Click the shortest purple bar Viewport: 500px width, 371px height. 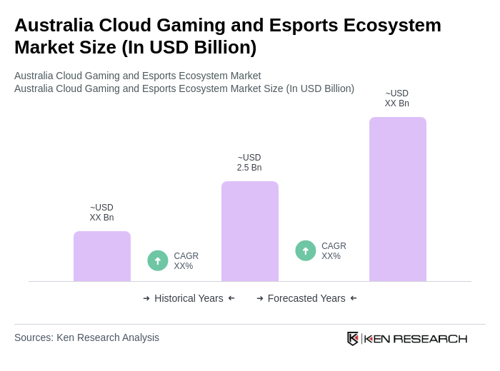101,256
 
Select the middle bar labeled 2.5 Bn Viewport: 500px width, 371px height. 249,231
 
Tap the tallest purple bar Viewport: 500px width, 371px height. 397,199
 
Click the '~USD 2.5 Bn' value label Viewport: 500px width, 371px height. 249,163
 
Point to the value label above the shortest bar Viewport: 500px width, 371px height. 101,213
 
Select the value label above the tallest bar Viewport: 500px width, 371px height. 397,98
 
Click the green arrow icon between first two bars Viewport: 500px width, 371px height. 158,260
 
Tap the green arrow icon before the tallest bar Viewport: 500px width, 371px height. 306,250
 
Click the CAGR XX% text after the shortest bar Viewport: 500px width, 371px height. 186,261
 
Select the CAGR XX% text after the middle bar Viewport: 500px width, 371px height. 334,251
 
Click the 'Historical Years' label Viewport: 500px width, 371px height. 189,298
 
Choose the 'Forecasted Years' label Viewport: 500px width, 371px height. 306,298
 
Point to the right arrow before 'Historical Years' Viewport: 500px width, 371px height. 146,298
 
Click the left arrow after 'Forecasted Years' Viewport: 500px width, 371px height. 354,298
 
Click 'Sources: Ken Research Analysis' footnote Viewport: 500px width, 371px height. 86,337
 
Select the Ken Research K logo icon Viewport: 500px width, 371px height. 353,338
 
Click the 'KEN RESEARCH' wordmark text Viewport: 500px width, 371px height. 416,338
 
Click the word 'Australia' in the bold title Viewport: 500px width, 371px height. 54,25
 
